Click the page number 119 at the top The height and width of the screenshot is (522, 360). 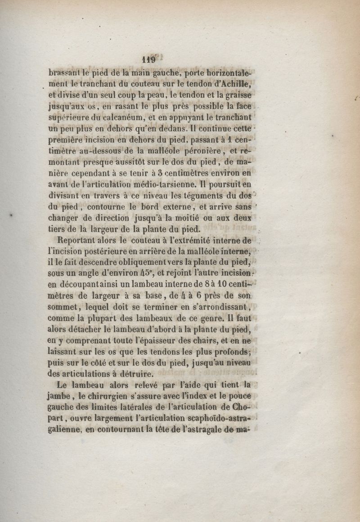[148, 59]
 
